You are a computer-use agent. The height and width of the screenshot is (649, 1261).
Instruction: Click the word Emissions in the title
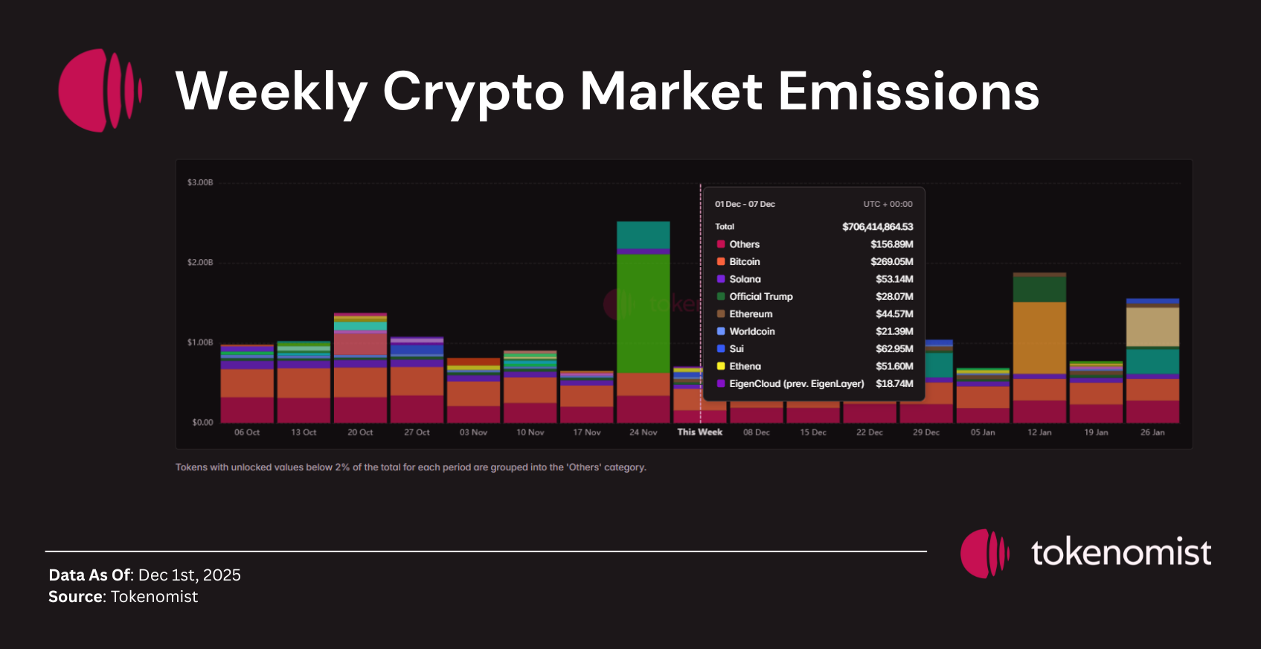(x=908, y=92)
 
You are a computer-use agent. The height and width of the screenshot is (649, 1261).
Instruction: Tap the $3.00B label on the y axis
(x=200, y=182)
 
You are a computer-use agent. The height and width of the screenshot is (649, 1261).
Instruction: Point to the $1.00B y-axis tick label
(x=200, y=342)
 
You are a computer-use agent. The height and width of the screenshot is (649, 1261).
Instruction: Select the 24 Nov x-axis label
(x=643, y=432)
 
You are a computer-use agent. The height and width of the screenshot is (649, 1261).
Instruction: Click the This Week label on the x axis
(x=699, y=432)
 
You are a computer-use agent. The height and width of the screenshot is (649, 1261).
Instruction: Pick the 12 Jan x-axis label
(x=1039, y=432)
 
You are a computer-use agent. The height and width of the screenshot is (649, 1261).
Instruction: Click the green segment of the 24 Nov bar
(x=643, y=313)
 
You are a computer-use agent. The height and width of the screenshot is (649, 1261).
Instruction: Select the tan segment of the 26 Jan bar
(x=1152, y=327)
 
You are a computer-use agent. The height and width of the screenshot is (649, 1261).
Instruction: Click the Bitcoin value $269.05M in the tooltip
(x=891, y=262)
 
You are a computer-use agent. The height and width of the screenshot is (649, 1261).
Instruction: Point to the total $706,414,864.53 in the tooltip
(x=877, y=227)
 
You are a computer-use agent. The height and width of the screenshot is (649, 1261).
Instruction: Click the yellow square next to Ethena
(x=721, y=366)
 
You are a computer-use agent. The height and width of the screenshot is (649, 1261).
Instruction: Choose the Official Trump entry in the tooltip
(x=760, y=296)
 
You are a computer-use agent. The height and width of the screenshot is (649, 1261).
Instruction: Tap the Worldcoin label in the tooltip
(x=751, y=331)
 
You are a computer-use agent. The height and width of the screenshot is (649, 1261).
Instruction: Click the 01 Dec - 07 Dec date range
(x=745, y=204)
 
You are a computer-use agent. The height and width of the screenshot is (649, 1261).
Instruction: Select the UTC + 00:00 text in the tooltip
(x=888, y=204)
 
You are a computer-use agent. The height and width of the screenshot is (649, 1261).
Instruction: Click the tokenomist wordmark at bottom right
(x=1120, y=553)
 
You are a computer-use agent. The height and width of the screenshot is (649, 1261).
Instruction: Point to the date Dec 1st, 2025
(x=189, y=575)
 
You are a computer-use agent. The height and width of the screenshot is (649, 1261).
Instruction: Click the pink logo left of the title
(x=100, y=91)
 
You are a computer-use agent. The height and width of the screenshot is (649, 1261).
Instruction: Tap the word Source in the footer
(x=76, y=597)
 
